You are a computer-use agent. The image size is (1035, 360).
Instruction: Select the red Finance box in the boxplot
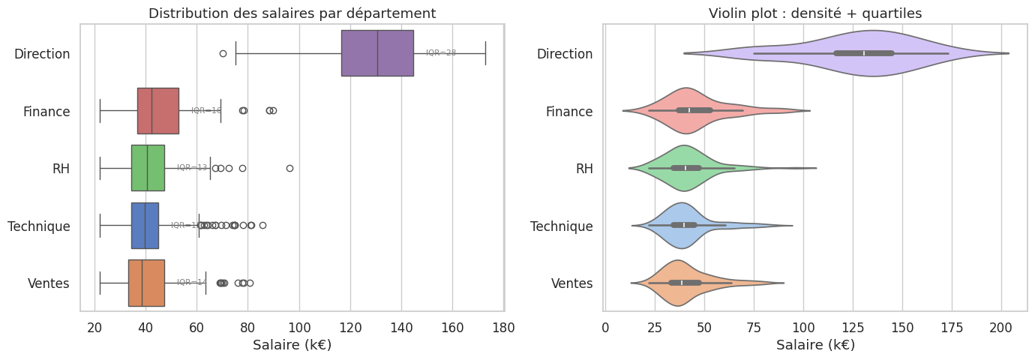click(x=157, y=111)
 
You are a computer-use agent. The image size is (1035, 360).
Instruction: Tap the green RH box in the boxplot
click(x=148, y=168)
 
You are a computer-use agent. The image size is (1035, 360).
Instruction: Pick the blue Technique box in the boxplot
click(x=145, y=226)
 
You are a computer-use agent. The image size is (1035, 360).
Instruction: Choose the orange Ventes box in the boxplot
click(x=146, y=283)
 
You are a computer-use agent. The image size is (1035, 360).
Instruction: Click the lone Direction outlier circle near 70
click(x=223, y=53)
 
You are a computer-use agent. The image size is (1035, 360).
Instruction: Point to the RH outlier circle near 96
click(x=289, y=168)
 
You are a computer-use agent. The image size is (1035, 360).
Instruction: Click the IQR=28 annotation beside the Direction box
click(x=441, y=52)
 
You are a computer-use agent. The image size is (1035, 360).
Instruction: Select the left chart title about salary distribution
click(x=292, y=13)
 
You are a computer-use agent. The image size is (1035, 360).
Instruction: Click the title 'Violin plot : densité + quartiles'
click(x=815, y=13)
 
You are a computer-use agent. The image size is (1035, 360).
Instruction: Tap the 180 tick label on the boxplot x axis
click(x=503, y=327)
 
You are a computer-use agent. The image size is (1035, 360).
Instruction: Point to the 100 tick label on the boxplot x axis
click(x=299, y=327)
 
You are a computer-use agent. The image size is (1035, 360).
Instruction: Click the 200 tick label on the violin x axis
click(x=1001, y=327)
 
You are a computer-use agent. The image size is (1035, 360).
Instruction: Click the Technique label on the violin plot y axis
click(x=562, y=226)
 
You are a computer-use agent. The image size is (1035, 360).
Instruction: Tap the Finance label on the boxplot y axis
click(x=46, y=111)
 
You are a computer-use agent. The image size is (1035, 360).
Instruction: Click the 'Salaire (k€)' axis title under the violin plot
click(x=815, y=345)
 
